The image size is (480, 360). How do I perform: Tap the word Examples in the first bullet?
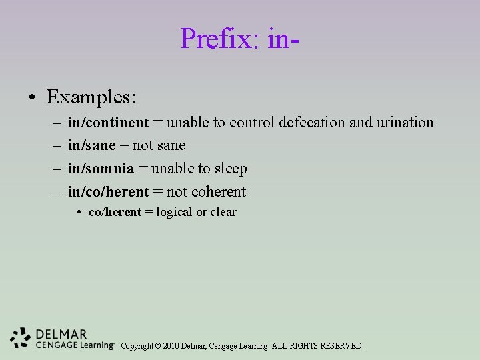click(x=91, y=97)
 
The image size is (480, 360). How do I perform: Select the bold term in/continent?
click(x=109, y=123)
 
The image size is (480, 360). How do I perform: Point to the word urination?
click(x=405, y=123)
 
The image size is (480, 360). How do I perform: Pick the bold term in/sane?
click(x=92, y=145)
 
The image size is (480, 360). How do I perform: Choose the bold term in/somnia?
click(x=101, y=169)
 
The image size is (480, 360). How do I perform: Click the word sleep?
click(x=231, y=169)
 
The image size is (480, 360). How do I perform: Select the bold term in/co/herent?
click(x=109, y=192)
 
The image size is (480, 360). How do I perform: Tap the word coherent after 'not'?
click(x=219, y=192)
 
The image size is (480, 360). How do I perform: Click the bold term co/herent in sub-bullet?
click(x=115, y=213)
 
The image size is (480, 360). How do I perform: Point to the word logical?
click(x=174, y=213)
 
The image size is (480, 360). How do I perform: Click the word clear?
click(x=223, y=213)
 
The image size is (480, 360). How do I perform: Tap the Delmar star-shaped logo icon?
click(x=21, y=338)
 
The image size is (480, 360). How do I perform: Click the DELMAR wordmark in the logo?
click(x=62, y=333)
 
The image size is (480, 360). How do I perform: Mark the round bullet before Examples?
click(x=32, y=99)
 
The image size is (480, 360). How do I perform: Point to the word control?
click(x=252, y=123)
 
